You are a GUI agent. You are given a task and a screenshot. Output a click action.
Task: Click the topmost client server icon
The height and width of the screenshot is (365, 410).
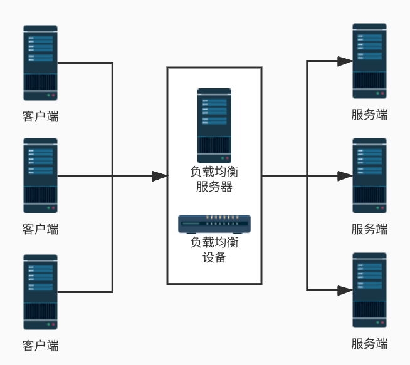tap(40, 63)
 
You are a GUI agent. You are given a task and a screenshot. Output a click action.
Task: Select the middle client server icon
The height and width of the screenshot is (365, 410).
tap(40, 176)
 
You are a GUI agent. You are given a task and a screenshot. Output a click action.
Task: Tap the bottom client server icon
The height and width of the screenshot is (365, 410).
tap(40, 292)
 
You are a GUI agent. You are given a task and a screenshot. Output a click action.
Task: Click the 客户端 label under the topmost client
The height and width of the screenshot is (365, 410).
tap(40, 116)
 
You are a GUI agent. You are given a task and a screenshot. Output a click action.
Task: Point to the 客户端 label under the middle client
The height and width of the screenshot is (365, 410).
tap(40, 229)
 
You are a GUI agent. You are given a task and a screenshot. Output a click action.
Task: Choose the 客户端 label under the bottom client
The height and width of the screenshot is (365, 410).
tap(40, 345)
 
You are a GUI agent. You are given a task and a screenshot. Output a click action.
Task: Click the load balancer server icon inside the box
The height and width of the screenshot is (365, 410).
tap(214, 126)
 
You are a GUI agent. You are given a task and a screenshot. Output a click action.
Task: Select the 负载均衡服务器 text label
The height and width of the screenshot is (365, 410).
tap(214, 179)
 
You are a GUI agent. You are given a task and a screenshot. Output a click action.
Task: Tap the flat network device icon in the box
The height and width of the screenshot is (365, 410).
tap(214, 224)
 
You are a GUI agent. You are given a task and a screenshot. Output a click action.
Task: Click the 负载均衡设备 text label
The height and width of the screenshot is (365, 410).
tap(214, 249)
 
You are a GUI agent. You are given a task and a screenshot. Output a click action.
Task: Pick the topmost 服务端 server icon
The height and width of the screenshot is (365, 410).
tap(369, 61)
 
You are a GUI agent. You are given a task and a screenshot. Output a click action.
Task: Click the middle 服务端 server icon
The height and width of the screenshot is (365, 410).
tap(369, 176)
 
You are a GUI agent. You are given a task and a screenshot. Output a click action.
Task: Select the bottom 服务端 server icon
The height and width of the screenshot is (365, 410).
tap(369, 290)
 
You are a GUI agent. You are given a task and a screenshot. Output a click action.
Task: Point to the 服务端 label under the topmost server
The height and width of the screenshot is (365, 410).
tap(369, 115)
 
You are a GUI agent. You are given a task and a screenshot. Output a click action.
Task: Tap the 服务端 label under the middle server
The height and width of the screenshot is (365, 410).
tap(369, 229)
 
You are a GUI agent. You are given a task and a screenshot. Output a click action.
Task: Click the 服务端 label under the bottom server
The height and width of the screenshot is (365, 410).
tap(369, 344)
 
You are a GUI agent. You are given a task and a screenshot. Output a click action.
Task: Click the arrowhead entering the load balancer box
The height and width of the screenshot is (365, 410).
tap(159, 176)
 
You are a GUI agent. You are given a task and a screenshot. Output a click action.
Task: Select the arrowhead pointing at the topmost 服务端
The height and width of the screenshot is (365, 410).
tap(345, 61)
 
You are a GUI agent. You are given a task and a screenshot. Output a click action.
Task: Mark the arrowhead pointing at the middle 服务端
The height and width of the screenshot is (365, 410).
tap(345, 176)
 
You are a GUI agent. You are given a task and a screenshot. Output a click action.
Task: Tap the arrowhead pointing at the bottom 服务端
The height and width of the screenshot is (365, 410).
tap(345, 290)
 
